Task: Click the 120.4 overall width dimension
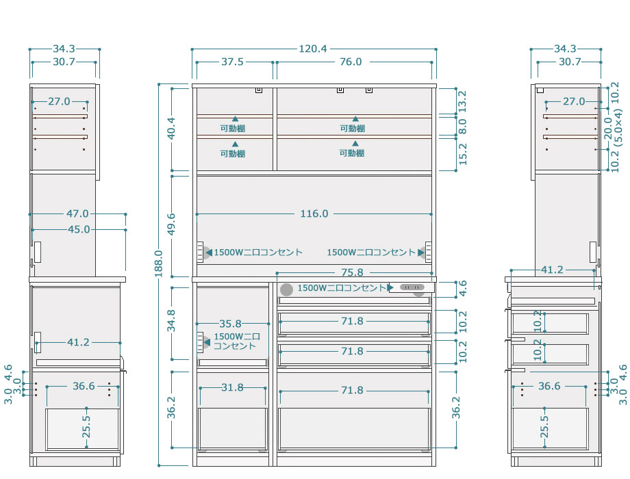pyautogui.click(x=313, y=49)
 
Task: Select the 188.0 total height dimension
pyautogui.click(x=159, y=263)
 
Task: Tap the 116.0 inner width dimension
pyautogui.click(x=314, y=213)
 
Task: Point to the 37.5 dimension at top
pyautogui.click(x=232, y=62)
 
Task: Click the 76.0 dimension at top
pyautogui.click(x=351, y=62)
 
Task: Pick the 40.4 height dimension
pyautogui.click(x=172, y=128)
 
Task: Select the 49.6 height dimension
pyautogui.click(x=172, y=224)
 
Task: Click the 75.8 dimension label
pyautogui.click(x=352, y=272)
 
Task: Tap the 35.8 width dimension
pyautogui.click(x=230, y=324)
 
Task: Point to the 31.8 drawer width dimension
pyautogui.click(x=232, y=387)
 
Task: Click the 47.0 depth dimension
pyautogui.click(x=77, y=213)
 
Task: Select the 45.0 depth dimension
pyautogui.click(x=79, y=230)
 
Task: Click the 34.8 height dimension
pyautogui.click(x=172, y=320)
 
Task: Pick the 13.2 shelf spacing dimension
pyautogui.click(x=462, y=101)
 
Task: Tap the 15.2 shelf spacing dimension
pyautogui.click(x=462, y=154)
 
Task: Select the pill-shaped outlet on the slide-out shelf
pyautogui.click(x=412, y=287)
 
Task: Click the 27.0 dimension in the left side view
pyautogui.click(x=59, y=101)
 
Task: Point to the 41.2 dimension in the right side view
pyautogui.click(x=552, y=270)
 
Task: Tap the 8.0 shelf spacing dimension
pyautogui.click(x=462, y=126)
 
